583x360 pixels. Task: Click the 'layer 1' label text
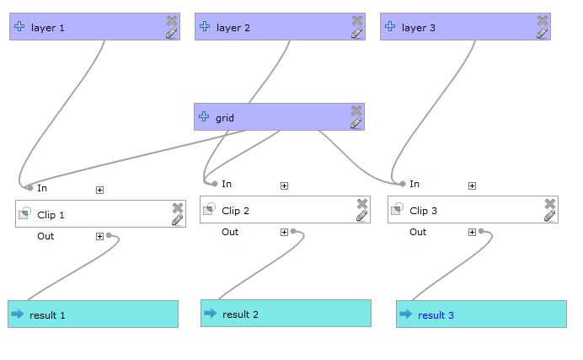click(48, 28)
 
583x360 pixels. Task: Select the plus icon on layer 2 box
click(204, 27)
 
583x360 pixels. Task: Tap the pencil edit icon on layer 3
click(542, 33)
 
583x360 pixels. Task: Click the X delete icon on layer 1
click(172, 20)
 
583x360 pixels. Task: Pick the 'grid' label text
click(225, 118)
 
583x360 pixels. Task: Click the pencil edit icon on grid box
click(356, 123)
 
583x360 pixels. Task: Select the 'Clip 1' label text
click(51, 215)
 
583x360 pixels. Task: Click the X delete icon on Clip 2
click(362, 203)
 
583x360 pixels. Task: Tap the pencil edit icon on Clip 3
click(549, 216)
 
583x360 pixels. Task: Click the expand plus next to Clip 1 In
click(99, 190)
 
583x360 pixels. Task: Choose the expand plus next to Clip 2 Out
click(284, 232)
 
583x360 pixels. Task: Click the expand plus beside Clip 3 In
click(472, 185)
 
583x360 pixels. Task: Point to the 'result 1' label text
click(47, 315)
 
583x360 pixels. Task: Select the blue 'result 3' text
click(436, 315)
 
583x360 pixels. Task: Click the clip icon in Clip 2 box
click(209, 210)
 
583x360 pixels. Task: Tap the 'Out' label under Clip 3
click(418, 232)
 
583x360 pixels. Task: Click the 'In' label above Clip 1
click(42, 189)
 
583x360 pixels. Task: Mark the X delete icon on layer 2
click(357, 20)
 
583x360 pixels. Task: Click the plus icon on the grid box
click(203, 117)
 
